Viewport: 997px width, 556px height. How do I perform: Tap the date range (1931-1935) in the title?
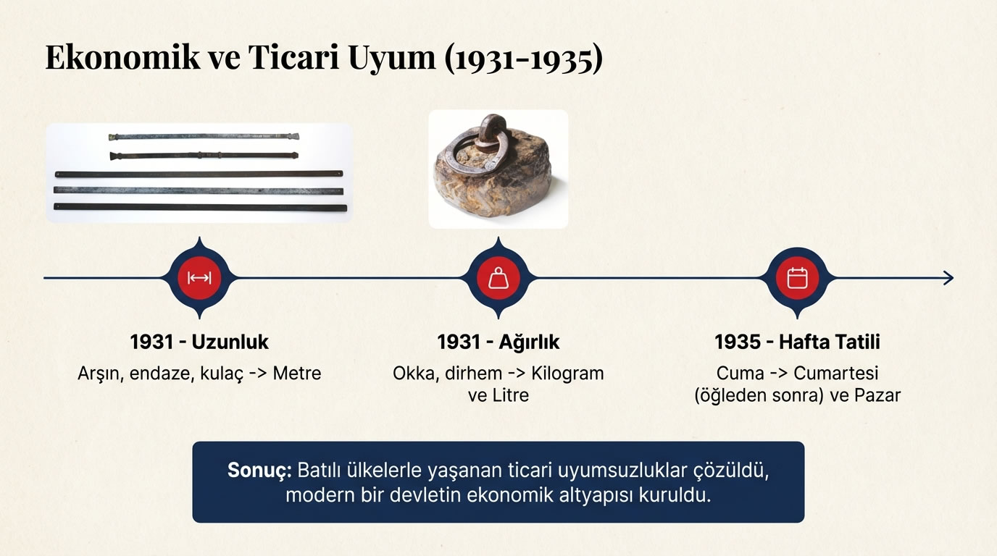523,58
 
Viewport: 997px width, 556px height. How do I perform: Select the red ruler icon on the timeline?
199,278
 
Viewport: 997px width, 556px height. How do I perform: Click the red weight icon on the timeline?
498,278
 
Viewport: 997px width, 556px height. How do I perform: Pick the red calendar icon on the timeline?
797,278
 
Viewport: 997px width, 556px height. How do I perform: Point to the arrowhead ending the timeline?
948,278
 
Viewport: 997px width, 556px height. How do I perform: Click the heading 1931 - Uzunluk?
199,342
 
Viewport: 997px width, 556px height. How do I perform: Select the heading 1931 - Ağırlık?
498,342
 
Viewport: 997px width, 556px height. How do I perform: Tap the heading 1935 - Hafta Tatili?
797,342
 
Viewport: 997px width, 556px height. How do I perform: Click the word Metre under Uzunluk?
297,374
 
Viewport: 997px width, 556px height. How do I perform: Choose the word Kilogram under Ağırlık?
567,374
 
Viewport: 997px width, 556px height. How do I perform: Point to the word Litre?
509,396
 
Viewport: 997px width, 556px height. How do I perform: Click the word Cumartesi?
836,374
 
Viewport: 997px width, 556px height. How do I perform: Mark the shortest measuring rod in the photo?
203,136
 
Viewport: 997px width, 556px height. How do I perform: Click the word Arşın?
99,374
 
